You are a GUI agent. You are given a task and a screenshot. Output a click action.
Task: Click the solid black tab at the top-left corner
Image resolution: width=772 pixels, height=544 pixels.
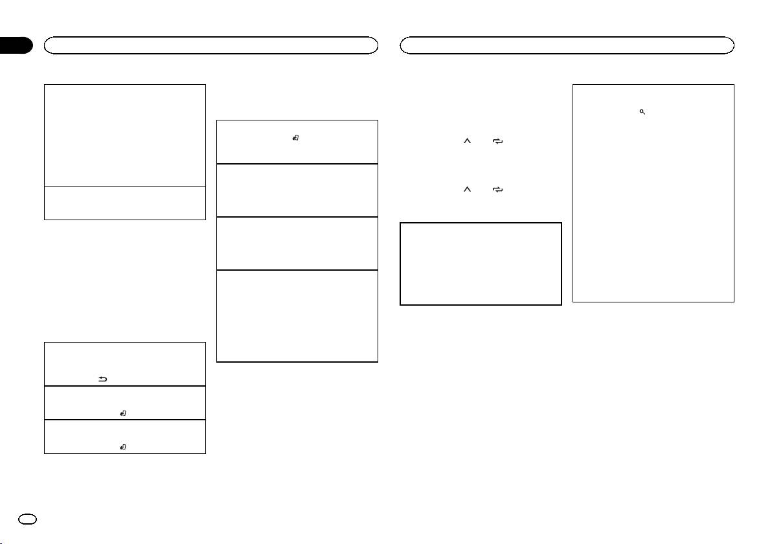point(16,45)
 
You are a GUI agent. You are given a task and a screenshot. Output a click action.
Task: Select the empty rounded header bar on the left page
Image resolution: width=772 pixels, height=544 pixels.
point(210,45)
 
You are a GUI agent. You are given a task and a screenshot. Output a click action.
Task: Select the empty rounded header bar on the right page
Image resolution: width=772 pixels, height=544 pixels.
point(567,45)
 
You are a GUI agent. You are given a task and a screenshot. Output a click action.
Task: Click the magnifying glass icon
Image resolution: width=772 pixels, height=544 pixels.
point(642,112)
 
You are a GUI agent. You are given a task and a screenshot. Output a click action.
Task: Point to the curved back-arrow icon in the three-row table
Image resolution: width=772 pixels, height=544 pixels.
point(102,380)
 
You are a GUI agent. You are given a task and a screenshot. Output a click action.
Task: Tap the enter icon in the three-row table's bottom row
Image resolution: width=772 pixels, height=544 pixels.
point(122,447)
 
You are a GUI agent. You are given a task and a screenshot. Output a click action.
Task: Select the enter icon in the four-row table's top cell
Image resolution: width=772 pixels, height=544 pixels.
point(295,137)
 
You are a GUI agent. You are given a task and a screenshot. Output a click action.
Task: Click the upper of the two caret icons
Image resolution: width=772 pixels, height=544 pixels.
point(466,147)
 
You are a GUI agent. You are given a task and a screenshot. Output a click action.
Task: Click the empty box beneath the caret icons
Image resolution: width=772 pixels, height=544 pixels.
point(480,264)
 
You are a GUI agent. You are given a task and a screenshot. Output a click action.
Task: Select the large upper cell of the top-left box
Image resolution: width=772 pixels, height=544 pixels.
point(124,135)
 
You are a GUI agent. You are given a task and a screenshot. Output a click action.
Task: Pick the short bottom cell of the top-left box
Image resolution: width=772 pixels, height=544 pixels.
point(124,203)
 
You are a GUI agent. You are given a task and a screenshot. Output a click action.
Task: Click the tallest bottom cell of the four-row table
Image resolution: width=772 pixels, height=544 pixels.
point(297,315)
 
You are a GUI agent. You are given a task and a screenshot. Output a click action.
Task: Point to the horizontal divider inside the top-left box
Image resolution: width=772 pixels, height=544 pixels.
point(124,187)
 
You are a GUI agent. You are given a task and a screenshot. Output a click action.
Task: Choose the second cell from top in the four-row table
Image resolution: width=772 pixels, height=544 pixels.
point(297,190)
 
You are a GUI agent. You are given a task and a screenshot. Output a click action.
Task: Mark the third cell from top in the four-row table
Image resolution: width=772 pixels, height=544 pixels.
point(297,244)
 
